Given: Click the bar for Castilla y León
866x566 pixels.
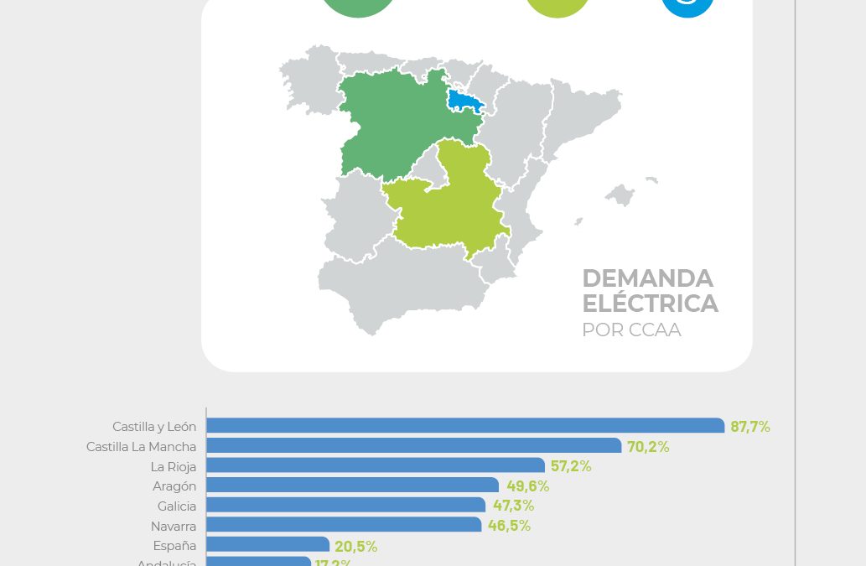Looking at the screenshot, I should [x=465, y=426].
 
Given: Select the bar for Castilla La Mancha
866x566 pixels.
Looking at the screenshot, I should [x=413, y=446].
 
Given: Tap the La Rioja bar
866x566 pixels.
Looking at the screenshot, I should [x=376, y=465].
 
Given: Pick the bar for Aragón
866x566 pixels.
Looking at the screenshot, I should [x=352, y=486].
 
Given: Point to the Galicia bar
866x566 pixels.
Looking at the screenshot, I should [x=345, y=506].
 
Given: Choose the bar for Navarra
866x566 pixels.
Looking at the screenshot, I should [x=344, y=526].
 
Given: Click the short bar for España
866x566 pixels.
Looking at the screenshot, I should [x=267, y=545].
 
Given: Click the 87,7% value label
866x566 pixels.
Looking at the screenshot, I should [x=750, y=427].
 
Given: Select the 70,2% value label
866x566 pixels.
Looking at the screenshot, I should [x=648, y=447].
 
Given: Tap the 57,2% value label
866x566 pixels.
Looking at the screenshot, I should [x=571, y=466].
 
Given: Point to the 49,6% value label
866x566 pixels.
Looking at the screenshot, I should [x=527, y=486].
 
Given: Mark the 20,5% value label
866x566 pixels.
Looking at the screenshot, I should [x=356, y=547].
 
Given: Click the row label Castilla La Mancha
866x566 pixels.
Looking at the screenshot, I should [x=141, y=447].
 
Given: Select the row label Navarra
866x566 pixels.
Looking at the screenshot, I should [x=174, y=527].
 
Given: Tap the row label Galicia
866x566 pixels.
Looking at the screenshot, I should [x=177, y=506].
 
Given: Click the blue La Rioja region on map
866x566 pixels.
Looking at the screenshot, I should [x=464, y=101].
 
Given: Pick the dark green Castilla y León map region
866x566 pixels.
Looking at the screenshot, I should [x=394, y=126].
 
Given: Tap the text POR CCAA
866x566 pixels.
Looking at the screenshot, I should [x=631, y=330].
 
